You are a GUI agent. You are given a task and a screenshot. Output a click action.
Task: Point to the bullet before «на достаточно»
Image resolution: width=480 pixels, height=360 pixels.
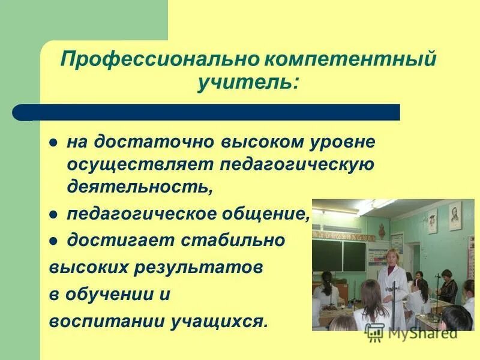(x=53, y=144)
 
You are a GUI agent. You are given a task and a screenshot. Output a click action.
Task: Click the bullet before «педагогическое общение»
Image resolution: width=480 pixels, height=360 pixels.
(x=53, y=214)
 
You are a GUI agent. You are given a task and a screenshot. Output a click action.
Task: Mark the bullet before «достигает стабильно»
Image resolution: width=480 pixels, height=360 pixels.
(x=53, y=241)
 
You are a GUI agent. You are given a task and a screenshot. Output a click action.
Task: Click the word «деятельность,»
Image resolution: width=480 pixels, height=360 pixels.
(x=140, y=185)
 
